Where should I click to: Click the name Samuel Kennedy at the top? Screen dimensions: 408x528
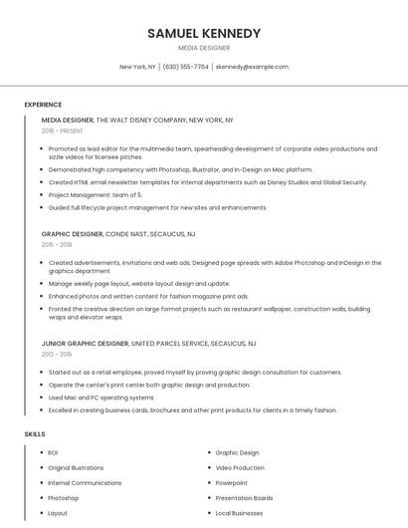(204, 33)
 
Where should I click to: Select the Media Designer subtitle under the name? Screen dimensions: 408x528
(204, 48)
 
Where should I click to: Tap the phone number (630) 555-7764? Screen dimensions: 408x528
(186, 67)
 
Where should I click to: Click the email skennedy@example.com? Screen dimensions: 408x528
(253, 67)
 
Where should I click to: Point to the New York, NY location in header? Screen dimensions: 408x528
(137, 67)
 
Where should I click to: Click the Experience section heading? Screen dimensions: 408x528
(43, 105)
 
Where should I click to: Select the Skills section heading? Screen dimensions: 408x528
(35, 434)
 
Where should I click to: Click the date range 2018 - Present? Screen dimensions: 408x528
(62, 131)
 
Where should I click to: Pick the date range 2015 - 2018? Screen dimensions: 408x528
(57, 244)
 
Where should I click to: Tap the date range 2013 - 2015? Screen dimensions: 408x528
(57, 354)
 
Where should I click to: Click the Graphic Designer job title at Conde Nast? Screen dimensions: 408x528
(72, 233)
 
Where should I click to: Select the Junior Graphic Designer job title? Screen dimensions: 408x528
(85, 343)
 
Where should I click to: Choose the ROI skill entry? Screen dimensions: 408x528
(53, 453)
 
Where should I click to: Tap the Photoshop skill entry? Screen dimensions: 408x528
(63, 498)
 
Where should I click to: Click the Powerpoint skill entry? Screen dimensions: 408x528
(232, 483)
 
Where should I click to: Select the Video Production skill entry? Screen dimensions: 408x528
(240, 468)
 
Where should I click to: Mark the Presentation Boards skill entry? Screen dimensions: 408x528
(244, 498)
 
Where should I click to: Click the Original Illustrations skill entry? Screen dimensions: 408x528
(76, 468)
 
